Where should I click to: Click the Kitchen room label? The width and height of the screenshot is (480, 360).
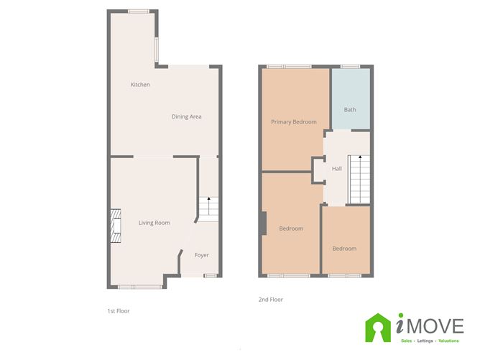tap(140, 85)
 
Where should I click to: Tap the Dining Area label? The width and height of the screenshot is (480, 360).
tap(186, 116)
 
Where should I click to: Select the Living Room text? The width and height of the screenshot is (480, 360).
tap(154, 223)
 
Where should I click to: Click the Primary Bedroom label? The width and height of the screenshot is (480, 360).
tap(293, 122)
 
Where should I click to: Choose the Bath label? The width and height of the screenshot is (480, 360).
tap(350, 110)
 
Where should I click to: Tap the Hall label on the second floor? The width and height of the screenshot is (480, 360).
tap(336, 169)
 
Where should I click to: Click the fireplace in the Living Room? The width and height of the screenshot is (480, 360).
tap(114, 223)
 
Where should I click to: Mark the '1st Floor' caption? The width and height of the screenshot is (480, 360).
tap(117, 311)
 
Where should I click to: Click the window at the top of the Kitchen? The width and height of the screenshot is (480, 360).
tap(139, 11)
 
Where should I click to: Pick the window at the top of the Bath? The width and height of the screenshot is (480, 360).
tap(349, 67)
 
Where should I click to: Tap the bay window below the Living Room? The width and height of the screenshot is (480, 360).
tap(139, 287)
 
